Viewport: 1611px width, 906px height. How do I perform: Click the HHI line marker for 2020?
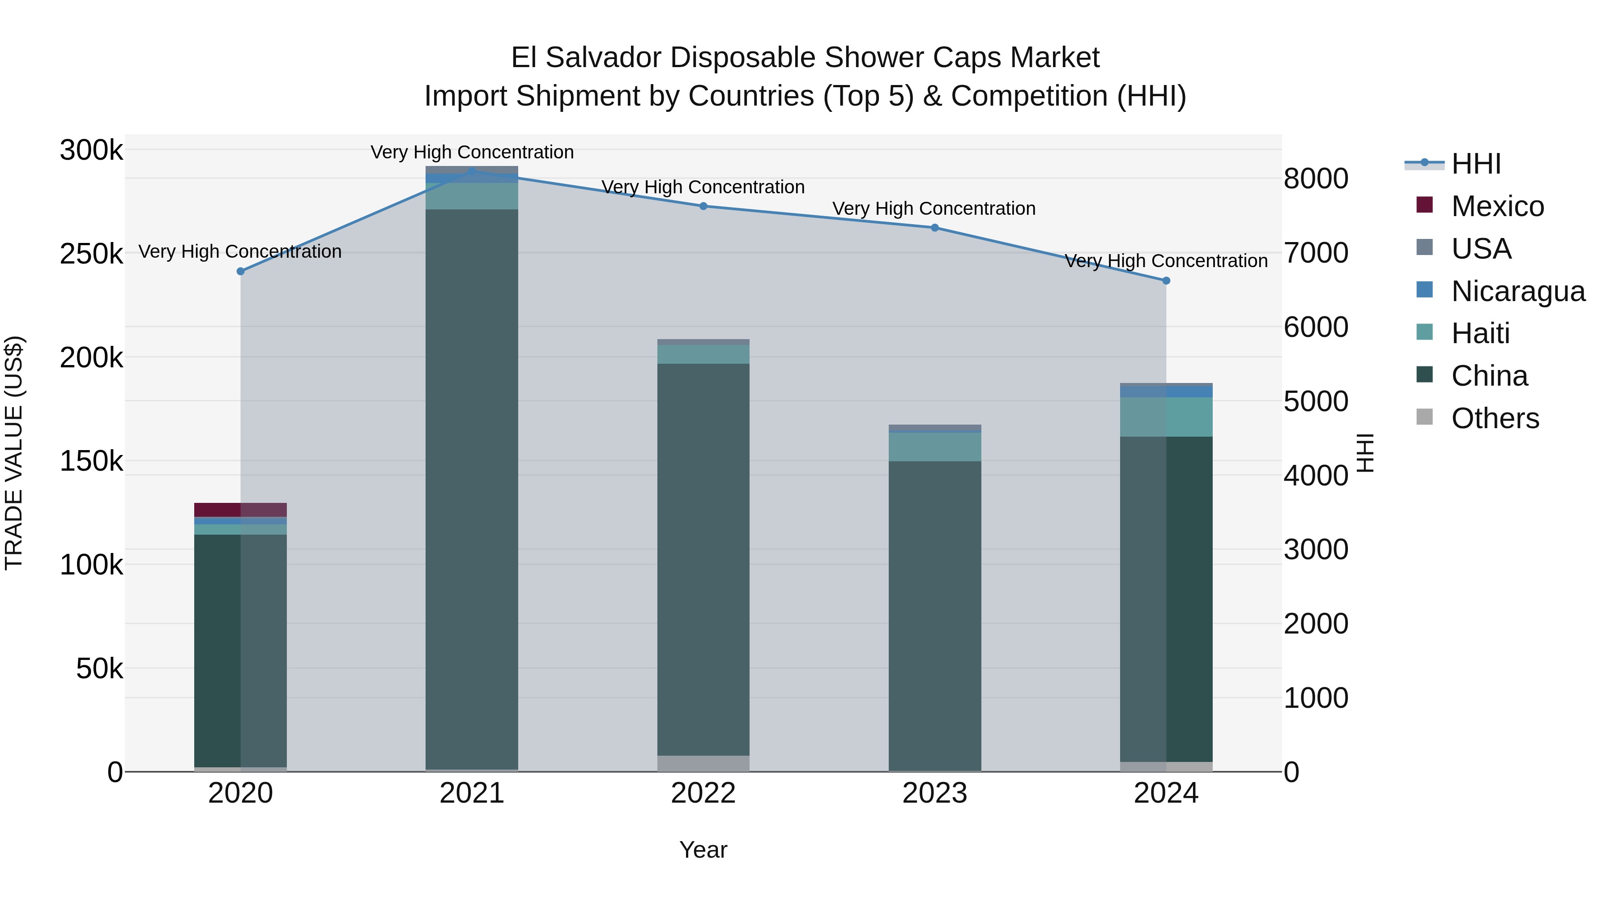241,272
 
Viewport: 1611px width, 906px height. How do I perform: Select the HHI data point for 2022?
703,206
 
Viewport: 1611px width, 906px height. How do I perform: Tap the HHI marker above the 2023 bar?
935,228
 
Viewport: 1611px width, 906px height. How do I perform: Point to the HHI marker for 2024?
1166,281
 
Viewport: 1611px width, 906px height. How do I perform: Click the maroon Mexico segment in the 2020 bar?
241,510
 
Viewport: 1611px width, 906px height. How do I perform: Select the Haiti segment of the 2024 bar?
1166,417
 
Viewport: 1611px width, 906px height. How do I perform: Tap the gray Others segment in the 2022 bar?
703,763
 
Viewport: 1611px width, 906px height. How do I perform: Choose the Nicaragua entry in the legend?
1518,291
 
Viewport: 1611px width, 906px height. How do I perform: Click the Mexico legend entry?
1497,206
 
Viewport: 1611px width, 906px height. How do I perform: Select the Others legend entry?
1495,418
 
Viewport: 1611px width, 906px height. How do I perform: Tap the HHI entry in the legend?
1476,164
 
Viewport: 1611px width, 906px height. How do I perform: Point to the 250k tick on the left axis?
91,255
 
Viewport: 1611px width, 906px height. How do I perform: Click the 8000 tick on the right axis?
1316,179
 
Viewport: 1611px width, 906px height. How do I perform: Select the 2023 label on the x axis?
935,793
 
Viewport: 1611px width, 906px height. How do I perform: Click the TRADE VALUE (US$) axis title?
14,453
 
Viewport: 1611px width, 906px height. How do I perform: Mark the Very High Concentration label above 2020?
240,251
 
